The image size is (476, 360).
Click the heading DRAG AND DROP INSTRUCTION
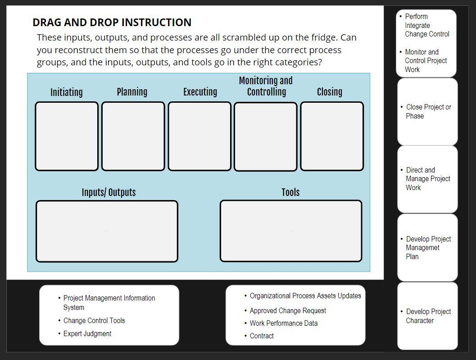(x=112, y=22)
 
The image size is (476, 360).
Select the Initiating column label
(x=66, y=92)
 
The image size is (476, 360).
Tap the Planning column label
(x=132, y=92)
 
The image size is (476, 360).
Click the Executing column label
(x=200, y=92)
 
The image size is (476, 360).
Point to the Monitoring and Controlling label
(x=266, y=86)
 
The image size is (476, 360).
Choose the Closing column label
(x=329, y=92)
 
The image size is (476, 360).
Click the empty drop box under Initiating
(x=67, y=136)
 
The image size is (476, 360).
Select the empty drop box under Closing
(x=332, y=136)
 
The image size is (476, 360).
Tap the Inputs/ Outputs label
(x=109, y=192)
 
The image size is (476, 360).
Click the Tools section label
(x=290, y=192)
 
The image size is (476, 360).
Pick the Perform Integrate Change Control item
(x=426, y=25)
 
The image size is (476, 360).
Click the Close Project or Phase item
(x=428, y=111)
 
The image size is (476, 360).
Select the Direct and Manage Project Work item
(x=427, y=179)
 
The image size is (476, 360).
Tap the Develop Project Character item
(x=428, y=316)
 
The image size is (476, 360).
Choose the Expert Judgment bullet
(x=87, y=333)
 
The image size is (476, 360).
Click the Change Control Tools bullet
(x=94, y=320)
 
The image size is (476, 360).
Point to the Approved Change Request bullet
(x=288, y=310)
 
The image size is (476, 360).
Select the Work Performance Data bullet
(x=284, y=323)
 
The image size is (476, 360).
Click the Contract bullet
(x=262, y=336)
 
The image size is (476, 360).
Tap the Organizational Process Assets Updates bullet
(x=305, y=296)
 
